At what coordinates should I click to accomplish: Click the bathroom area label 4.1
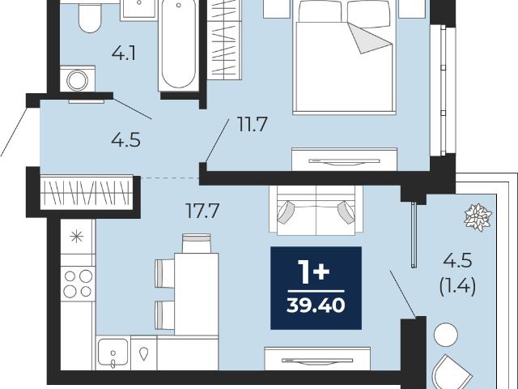coord(124,53)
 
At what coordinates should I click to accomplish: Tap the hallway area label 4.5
coord(126,140)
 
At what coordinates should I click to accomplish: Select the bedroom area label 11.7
coord(252,124)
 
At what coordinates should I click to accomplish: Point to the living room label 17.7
coord(202,211)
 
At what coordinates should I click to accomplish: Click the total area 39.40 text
coord(316,305)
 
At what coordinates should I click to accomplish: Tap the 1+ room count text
coord(313,272)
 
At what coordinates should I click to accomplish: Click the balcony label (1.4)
coord(457,286)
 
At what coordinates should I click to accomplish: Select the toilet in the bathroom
coord(90,17)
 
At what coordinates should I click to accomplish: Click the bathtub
coord(178,45)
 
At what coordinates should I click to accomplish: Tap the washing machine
coord(78,79)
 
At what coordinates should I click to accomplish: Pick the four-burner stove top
coord(78,284)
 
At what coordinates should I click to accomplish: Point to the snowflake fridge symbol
coord(77,237)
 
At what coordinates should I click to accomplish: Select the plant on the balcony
coord(478,217)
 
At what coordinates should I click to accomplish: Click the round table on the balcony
coord(446,335)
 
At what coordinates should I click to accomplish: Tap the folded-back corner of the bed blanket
coord(370,38)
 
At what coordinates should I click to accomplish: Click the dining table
coord(196,294)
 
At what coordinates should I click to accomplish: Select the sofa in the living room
coord(316,211)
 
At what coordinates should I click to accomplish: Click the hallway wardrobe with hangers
coord(87,193)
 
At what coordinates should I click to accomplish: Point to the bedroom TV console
coord(344,160)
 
